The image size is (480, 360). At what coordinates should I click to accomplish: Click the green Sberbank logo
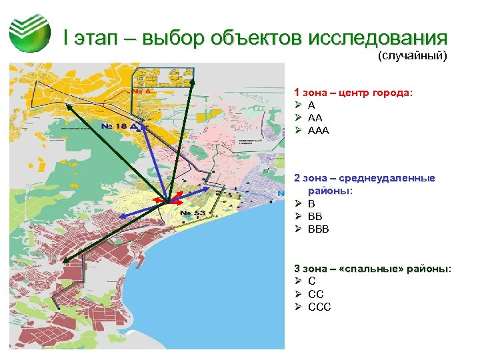pos(30,33)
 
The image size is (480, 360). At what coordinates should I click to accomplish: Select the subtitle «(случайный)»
pos(412,56)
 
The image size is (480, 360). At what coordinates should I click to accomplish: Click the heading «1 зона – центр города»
pos(353,92)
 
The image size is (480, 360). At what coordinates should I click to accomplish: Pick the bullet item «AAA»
pos(319,130)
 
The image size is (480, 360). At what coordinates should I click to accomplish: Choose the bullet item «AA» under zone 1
pos(315,117)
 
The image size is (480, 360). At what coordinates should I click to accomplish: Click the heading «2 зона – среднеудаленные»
pos(365,178)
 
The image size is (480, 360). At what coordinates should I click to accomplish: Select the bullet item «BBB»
pos(319,229)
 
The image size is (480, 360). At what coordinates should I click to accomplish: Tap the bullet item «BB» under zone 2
pos(315,217)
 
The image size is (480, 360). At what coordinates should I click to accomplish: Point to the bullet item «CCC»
pos(319,307)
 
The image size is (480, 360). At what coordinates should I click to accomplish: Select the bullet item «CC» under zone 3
pos(315,294)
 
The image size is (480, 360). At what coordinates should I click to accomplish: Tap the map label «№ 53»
pos(194,213)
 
